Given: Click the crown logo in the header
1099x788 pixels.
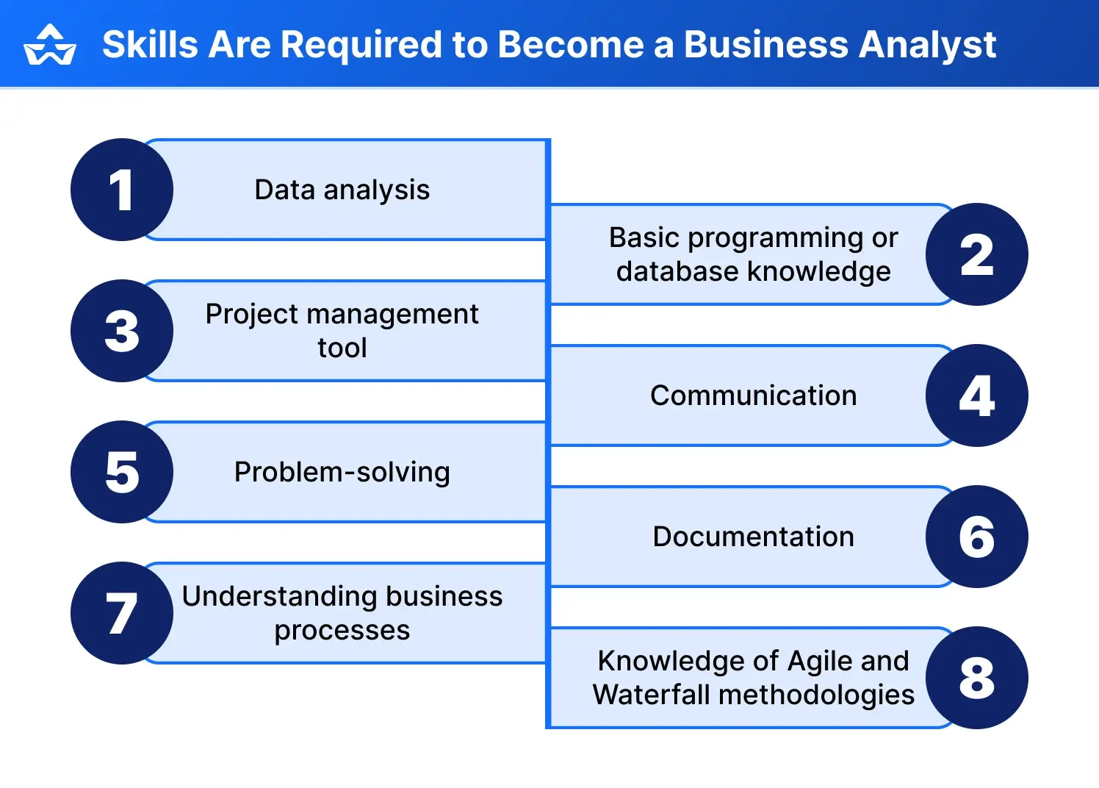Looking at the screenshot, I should pos(49,46).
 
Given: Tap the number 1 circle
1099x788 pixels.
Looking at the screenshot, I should pos(122,190).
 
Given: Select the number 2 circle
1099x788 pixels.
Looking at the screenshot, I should pos(976,254).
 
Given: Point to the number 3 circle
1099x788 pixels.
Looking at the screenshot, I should pos(122,331).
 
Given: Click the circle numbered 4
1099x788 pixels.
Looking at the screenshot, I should pos(976,395).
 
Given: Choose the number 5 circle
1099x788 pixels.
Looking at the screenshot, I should pos(122,472).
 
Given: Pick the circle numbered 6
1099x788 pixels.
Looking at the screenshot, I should pos(976,537).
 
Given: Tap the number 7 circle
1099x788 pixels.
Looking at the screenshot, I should pos(122,613).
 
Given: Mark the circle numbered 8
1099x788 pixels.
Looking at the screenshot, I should pos(976,678).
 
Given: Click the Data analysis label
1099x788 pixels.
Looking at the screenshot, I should pos(342,190).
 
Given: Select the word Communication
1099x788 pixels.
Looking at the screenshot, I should pos(753,395).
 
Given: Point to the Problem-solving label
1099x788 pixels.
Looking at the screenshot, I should pos(342,472).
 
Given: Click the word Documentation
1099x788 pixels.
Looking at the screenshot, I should pos(753,537).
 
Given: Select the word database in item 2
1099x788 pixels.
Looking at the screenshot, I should pos(677,271).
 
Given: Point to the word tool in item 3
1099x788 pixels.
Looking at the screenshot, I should pos(342,348).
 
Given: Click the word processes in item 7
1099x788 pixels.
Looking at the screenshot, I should pos(342,630).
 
